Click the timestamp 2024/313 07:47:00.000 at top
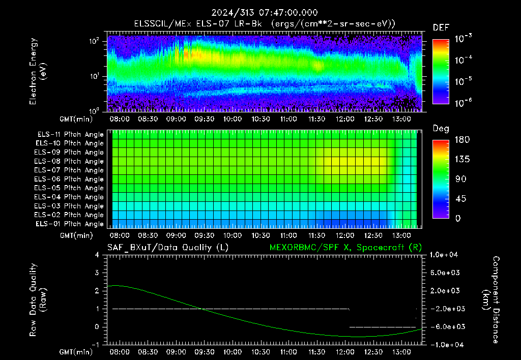click(x=265, y=13)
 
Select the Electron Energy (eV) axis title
click(x=38, y=71)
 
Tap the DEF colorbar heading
click(x=441, y=27)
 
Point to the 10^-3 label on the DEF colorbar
click(x=463, y=39)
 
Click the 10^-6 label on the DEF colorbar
click(x=463, y=103)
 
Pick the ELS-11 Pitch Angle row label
click(x=70, y=135)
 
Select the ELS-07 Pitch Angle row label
click(x=69, y=170)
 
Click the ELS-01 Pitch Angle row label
click(x=70, y=224)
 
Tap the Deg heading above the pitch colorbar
click(x=441, y=129)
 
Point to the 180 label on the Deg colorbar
click(x=462, y=139)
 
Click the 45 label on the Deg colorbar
click(x=460, y=199)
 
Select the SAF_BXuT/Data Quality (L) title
click(x=168, y=248)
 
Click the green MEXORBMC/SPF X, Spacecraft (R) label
click(x=345, y=248)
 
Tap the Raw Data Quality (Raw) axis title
click(x=38, y=300)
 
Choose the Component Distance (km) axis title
click(x=491, y=300)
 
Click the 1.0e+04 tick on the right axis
click(x=444, y=255)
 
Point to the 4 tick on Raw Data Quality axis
click(x=97, y=255)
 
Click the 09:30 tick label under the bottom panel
click(x=204, y=352)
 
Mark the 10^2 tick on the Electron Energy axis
click(x=94, y=41)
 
